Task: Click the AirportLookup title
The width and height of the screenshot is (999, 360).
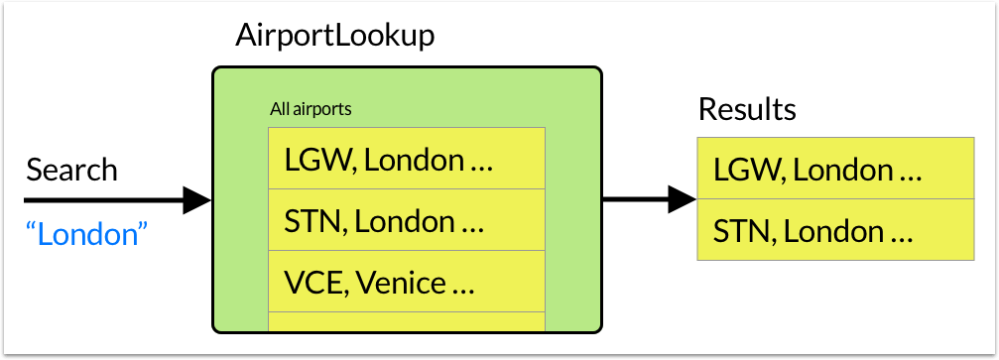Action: click(334, 37)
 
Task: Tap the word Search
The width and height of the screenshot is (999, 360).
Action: click(72, 171)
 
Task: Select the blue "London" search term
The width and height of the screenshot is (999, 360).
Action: click(86, 234)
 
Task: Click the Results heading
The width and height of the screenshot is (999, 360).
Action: click(747, 109)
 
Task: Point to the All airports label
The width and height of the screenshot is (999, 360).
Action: click(311, 109)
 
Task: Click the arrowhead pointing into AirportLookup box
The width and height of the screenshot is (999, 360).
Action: click(196, 200)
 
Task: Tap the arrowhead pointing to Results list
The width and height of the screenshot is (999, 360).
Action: click(683, 200)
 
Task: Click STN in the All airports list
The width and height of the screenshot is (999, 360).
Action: click(312, 222)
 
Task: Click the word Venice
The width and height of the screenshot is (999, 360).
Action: click(401, 284)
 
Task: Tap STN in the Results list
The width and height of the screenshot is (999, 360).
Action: click(740, 232)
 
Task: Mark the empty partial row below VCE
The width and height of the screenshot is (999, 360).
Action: click(407, 321)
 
